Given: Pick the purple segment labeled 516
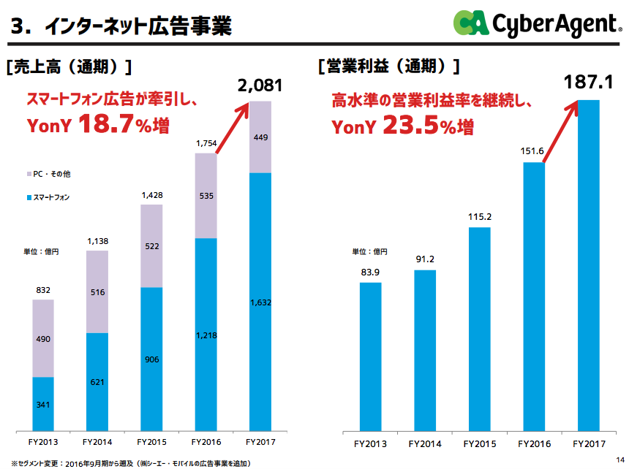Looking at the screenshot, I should (x=97, y=292).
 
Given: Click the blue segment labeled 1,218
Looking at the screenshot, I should (x=206, y=335).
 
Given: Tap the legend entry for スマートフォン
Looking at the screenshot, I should (x=54, y=198).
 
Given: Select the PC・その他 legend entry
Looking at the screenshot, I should (x=51, y=175).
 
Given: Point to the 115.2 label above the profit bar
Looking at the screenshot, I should (x=480, y=217).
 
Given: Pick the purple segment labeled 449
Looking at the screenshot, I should (x=260, y=137).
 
